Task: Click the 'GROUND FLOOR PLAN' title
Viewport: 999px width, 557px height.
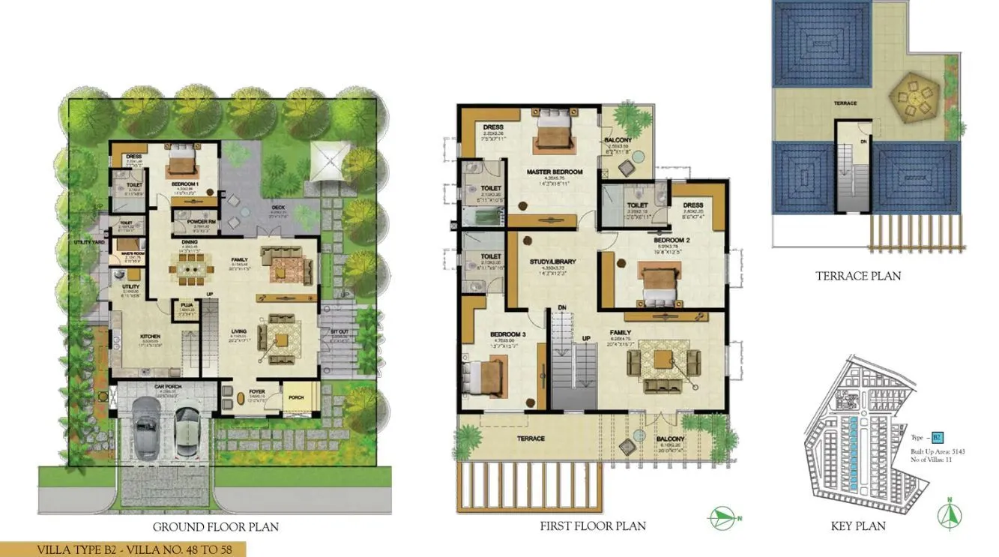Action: click(x=215, y=527)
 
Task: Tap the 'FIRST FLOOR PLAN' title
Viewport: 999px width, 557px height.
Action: click(x=593, y=526)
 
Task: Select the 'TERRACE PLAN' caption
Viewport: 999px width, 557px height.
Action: click(x=858, y=276)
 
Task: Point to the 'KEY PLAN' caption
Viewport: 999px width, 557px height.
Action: click(x=858, y=526)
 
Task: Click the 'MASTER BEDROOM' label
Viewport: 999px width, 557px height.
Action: click(x=554, y=172)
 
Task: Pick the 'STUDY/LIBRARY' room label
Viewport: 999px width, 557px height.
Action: click(x=552, y=262)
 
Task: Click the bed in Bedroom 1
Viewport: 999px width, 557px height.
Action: click(x=181, y=160)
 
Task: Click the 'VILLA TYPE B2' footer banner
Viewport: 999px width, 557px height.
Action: click(x=123, y=550)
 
